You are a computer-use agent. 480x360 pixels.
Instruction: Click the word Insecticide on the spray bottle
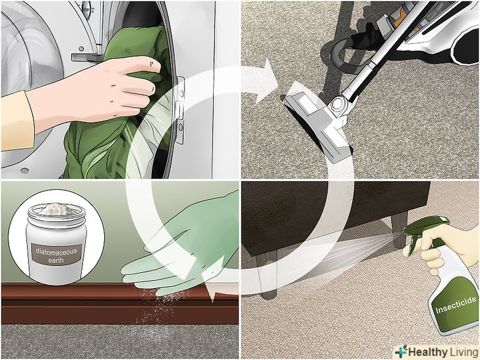(456, 305)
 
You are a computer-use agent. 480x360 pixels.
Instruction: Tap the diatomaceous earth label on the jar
(56, 255)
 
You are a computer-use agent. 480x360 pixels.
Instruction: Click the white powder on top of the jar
(56, 210)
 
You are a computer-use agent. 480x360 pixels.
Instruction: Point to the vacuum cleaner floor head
(318, 123)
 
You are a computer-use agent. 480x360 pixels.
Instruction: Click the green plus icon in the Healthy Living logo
(402, 351)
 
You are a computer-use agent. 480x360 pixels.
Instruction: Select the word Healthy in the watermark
(425, 352)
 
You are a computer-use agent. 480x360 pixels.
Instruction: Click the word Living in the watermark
(461, 352)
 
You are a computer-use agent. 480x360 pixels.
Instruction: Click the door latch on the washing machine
(180, 110)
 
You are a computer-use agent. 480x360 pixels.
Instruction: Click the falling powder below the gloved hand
(159, 306)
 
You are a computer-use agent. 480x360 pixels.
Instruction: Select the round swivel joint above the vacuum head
(338, 104)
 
